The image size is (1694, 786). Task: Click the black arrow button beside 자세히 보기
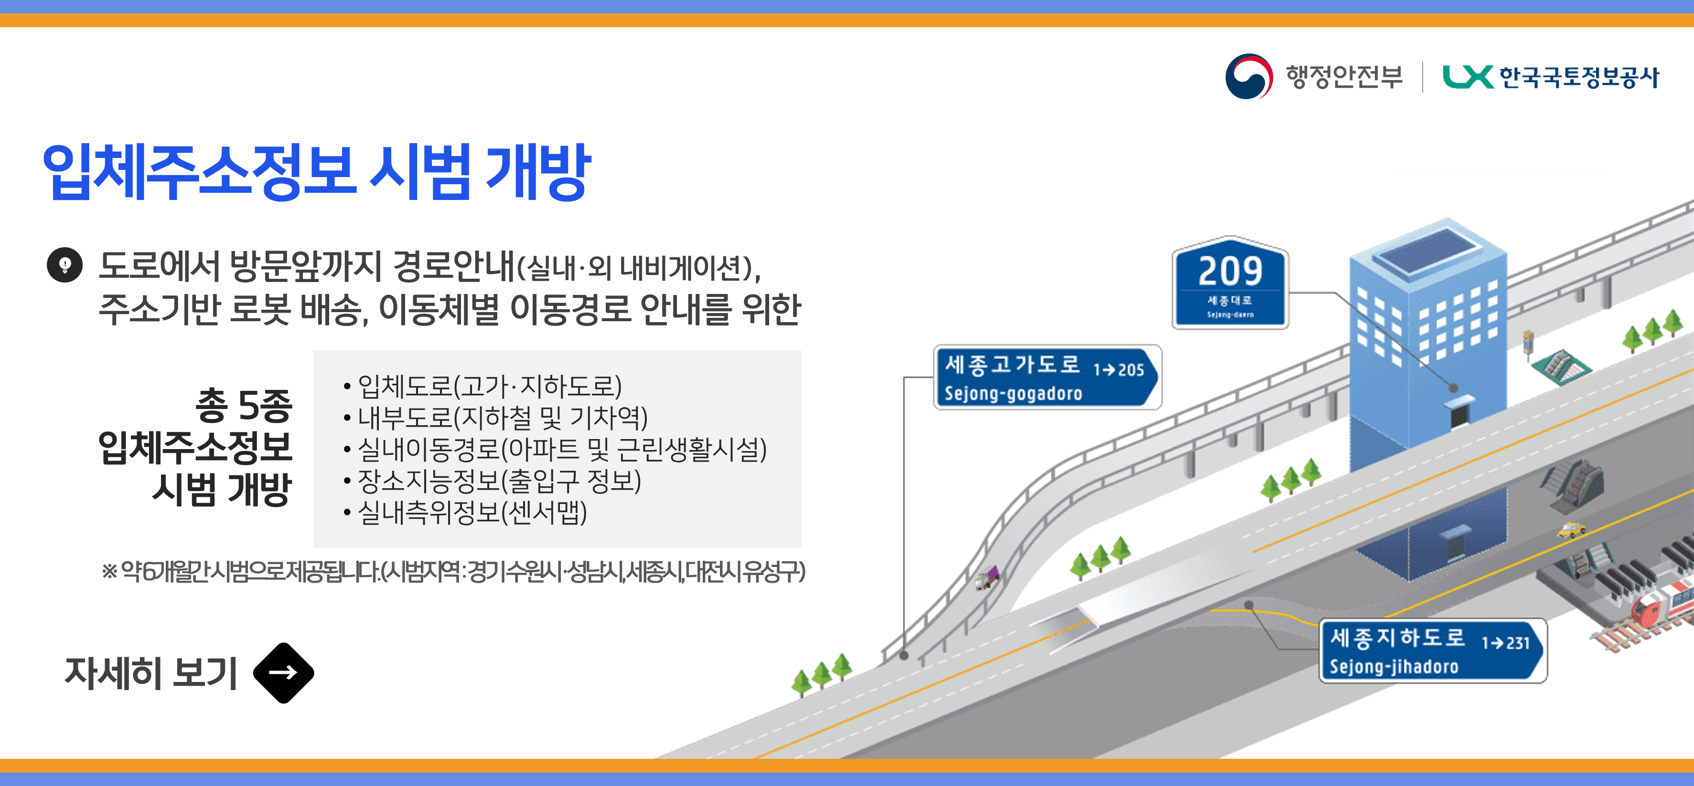(x=283, y=672)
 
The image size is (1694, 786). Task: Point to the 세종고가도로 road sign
(x=1047, y=377)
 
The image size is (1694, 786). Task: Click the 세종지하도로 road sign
(x=1432, y=650)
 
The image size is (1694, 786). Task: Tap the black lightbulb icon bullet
(x=64, y=265)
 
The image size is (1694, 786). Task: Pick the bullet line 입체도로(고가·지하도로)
(x=489, y=386)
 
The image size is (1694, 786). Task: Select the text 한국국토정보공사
(x=1578, y=77)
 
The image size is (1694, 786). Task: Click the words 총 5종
(x=243, y=405)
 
